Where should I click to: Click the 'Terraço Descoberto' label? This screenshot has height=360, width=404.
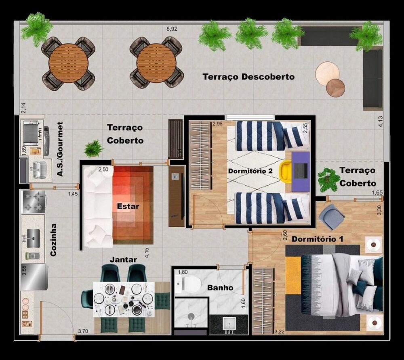(248, 76)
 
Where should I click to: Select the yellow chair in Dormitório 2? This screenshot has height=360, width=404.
(286, 171)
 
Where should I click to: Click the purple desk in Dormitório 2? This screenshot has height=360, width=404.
(301, 171)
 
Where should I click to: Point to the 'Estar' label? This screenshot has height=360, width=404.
(128, 206)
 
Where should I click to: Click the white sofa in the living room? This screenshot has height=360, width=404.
(98, 207)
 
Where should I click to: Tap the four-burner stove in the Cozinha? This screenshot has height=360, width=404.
(34, 202)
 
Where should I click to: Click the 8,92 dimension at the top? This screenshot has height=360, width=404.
(173, 29)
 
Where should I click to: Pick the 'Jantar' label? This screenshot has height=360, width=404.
(123, 260)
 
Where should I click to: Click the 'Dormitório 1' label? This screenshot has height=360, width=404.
(317, 239)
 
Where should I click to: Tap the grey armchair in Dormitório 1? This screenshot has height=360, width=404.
(331, 217)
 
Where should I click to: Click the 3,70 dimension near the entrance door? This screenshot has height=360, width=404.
(83, 331)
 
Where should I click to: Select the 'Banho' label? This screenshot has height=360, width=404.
(220, 288)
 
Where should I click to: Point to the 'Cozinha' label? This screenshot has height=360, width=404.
(53, 240)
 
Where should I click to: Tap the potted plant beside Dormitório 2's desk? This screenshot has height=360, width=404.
(328, 180)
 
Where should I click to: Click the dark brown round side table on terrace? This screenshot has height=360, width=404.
(335, 88)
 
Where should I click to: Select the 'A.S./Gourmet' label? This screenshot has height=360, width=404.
(60, 149)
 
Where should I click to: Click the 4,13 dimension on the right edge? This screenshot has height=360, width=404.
(380, 121)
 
